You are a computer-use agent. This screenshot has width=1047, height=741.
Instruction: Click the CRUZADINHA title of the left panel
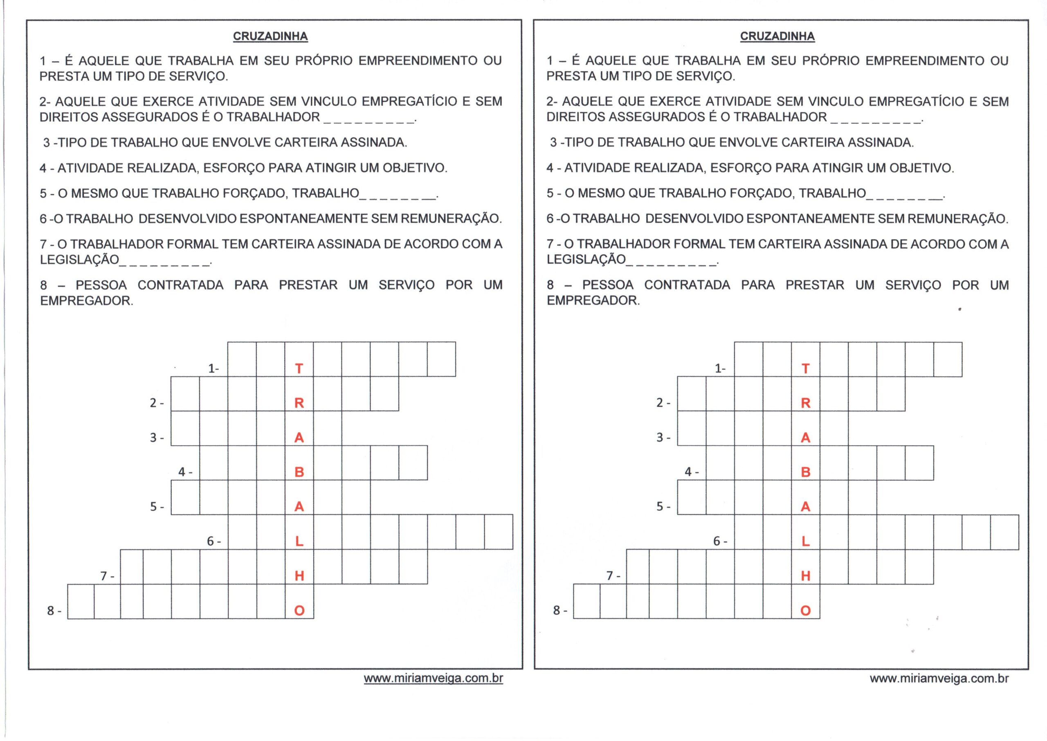270,36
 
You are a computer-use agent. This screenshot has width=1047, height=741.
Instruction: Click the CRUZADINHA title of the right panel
777,36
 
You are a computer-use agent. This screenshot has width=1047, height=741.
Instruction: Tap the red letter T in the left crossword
299,368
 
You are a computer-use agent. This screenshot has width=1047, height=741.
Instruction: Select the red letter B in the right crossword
806,472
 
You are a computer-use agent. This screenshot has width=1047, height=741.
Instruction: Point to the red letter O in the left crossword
299,611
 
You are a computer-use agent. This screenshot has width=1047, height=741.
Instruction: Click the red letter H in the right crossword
806,576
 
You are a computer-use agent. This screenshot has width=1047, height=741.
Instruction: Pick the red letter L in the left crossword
299,541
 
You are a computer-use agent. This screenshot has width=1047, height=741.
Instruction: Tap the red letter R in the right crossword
806,403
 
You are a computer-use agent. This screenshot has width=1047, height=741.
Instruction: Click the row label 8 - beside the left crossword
54,611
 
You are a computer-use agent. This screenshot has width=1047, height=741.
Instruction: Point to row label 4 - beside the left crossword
185,472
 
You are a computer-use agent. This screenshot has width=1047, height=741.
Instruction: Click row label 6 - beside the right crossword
720,541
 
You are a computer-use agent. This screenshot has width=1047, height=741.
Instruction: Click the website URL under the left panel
433,678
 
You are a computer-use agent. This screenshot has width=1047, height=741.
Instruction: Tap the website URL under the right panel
939,678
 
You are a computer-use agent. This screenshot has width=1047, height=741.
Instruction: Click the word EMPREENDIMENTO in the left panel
418,61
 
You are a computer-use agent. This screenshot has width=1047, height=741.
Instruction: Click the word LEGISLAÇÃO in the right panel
586,260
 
